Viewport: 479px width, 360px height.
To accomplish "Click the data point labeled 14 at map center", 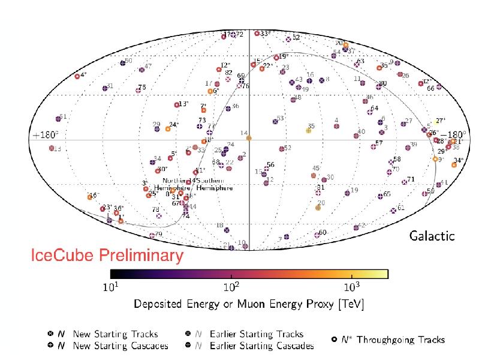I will click(x=249, y=138).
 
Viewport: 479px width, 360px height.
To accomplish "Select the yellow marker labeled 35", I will click(x=309, y=131).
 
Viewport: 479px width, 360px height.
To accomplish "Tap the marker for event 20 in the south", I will click(x=318, y=208).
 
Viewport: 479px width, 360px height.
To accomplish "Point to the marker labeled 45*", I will click(x=314, y=175).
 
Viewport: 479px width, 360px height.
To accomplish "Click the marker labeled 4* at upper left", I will click(x=77, y=76).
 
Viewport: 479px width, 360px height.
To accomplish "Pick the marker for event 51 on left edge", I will click(x=58, y=119).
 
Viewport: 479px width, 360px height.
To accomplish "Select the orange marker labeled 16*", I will click(x=90, y=196).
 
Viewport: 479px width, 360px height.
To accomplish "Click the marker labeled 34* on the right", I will click(x=454, y=164).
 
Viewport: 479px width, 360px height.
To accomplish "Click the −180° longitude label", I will click(x=454, y=135).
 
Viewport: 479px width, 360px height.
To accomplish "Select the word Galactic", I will click(x=432, y=236).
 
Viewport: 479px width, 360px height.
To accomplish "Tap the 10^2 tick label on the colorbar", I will click(x=231, y=287).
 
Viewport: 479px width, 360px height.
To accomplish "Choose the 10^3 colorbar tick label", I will click(x=351, y=287).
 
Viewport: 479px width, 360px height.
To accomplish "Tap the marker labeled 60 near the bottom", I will click(x=317, y=235).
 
